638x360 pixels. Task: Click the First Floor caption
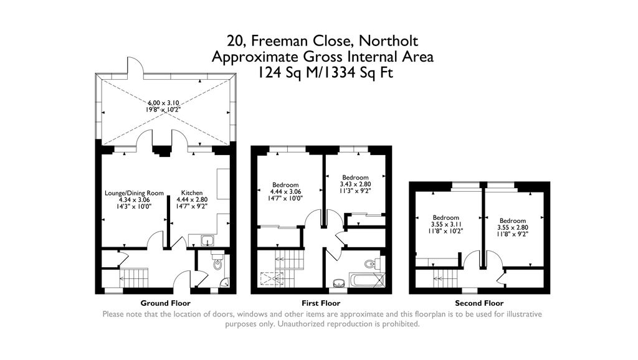pyautogui.click(x=321, y=303)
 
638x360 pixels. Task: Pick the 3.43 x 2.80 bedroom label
pyautogui.click(x=355, y=184)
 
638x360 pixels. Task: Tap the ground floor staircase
pyautogui.click(x=132, y=276)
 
